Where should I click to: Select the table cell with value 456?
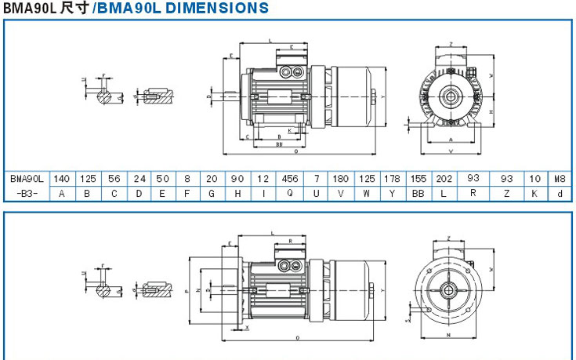[291, 179]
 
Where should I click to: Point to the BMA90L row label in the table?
[26, 179]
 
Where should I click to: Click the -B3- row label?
[26, 192]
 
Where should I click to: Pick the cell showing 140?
[62, 179]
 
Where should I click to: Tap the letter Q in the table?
[291, 192]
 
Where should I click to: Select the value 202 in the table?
[444, 179]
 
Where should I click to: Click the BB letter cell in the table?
[418, 192]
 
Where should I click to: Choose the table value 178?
[393, 179]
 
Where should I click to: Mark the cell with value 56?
[114, 179]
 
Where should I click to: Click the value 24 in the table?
[139, 179]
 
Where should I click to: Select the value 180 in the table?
[342, 179]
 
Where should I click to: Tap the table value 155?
[418, 179]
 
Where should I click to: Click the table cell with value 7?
[317, 179]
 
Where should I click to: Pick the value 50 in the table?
[164, 179]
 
